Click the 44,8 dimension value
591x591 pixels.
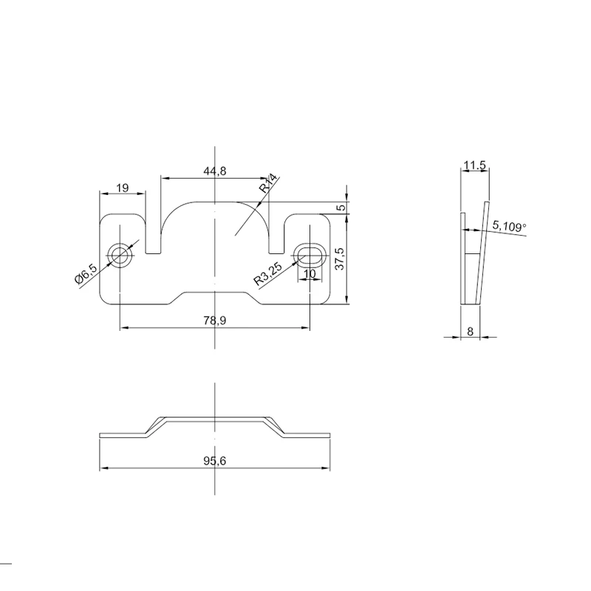(x=214, y=171)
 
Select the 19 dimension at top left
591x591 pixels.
(x=123, y=188)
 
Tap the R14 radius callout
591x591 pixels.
(x=268, y=183)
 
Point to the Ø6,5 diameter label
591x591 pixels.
(x=86, y=274)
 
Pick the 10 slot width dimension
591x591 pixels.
(x=310, y=273)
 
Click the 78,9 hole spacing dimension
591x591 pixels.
(x=214, y=321)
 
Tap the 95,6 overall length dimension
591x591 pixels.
(x=214, y=461)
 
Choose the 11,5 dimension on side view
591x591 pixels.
(x=474, y=165)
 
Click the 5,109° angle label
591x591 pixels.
(x=509, y=227)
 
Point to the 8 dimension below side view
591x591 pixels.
(x=471, y=332)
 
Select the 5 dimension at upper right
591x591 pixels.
(x=341, y=208)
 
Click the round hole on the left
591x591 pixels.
(x=120, y=256)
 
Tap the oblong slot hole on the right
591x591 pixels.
(x=310, y=254)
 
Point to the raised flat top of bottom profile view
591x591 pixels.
(x=214, y=417)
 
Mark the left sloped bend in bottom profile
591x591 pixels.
(x=154, y=426)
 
